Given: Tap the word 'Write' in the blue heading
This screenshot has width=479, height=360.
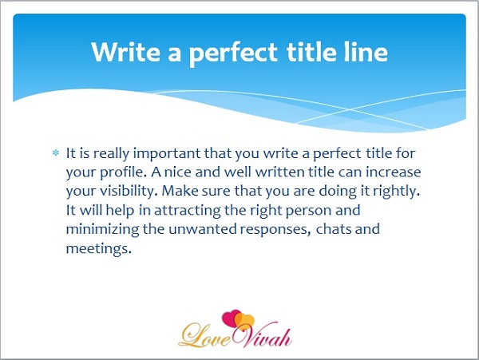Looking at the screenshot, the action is click(126, 52).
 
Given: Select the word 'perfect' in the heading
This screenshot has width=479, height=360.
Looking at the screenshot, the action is click(233, 53).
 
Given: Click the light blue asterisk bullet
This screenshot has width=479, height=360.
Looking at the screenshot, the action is click(56, 152).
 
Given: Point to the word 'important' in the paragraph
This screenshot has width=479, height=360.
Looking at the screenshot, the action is click(167, 154).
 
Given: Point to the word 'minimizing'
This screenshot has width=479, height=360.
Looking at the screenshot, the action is click(103, 230).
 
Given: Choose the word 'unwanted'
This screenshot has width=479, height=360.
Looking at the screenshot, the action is click(203, 229).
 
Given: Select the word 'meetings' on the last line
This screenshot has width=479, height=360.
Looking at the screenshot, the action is click(98, 248).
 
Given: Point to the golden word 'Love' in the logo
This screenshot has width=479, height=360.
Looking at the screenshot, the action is click(205, 336).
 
